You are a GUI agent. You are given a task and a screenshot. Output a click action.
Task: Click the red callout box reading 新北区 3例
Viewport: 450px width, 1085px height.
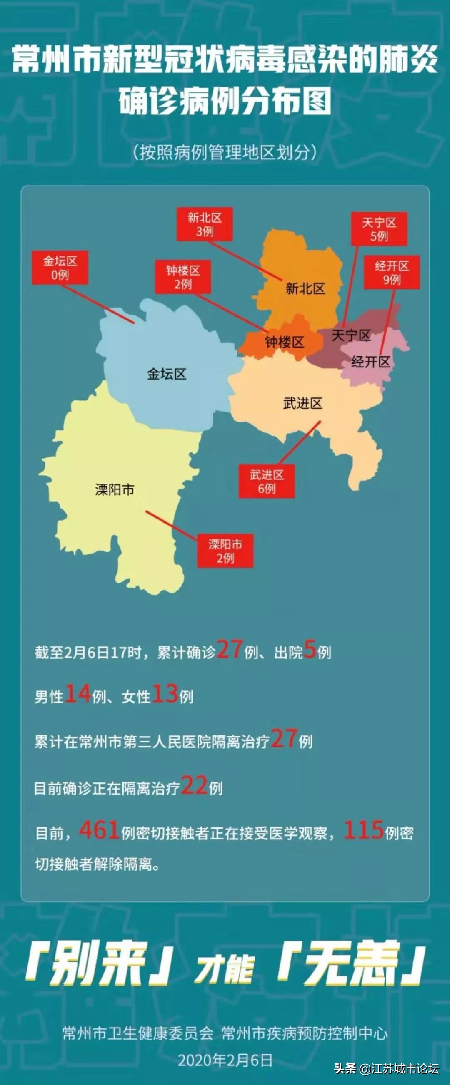(205, 224)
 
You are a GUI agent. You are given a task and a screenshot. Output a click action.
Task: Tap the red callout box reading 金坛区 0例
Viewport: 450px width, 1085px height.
(60, 268)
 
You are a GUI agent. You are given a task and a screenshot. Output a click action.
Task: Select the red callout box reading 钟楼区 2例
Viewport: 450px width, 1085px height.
(182, 277)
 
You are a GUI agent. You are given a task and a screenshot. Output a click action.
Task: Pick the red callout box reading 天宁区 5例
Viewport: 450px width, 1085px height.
(379, 229)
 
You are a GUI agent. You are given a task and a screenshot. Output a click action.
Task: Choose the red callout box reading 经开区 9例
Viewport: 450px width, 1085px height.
(392, 273)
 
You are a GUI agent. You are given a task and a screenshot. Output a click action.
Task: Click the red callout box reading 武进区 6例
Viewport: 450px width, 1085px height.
(267, 482)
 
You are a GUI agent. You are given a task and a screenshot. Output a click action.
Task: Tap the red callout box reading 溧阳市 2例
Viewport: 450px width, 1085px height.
(225, 551)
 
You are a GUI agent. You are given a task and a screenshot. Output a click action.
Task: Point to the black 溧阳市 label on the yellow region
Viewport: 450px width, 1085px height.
(115, 489)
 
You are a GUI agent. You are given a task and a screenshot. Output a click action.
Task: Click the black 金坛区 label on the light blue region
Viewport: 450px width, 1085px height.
(167, 374)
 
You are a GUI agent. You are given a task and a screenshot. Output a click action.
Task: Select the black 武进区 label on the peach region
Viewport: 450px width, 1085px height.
(303, 403)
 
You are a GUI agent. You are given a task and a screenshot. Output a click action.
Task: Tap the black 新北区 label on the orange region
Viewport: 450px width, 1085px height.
(305, 288)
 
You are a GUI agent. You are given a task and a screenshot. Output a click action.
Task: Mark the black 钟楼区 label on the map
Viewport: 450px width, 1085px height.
(285, 342)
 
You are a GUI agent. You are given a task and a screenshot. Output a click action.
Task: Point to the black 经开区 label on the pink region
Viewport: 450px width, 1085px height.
(371, 361)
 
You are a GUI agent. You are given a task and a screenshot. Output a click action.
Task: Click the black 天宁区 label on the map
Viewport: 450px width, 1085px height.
(351, 335)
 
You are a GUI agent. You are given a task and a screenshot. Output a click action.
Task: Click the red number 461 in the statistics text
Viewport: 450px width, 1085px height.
(99, 830)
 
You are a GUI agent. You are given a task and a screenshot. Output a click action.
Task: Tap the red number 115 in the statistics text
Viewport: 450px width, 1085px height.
(363, 830)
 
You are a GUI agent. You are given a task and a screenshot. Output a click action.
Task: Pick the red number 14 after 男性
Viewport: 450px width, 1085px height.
(77, 694)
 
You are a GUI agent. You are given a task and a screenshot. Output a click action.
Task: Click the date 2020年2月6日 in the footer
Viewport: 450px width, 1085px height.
(225, 1060)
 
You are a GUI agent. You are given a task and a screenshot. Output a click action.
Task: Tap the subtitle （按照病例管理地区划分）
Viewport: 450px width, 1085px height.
(225, 152)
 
